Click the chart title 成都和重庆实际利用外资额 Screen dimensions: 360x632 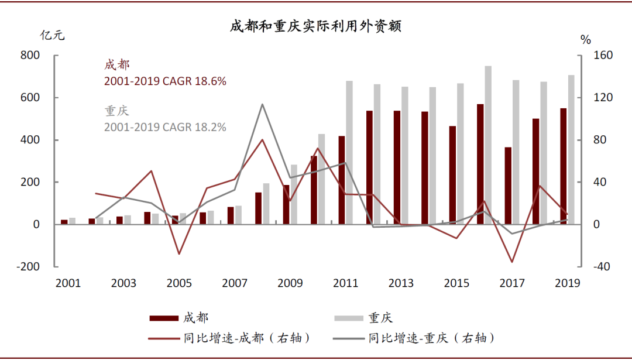tap(315, 26)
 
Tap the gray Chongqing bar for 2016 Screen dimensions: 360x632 tap(488, 145)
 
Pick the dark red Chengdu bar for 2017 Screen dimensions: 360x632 tap(508, 186)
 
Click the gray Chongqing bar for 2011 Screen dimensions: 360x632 tap(349, 152)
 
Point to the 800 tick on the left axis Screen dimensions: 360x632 tap(29, 55)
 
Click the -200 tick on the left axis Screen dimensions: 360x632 tap(28, 266)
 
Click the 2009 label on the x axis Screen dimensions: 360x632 tap(290, 284)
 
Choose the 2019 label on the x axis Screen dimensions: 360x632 tap(567, 284)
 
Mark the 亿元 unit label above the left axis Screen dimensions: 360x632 tap(52, 35)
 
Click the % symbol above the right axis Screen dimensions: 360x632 tap(586, 40)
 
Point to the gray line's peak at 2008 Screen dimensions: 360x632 tap(262, 105)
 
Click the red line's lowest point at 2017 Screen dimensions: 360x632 tap(512, 262)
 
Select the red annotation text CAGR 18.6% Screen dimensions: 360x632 tap(165, 81)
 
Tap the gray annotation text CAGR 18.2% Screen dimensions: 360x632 tap(165, 127)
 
